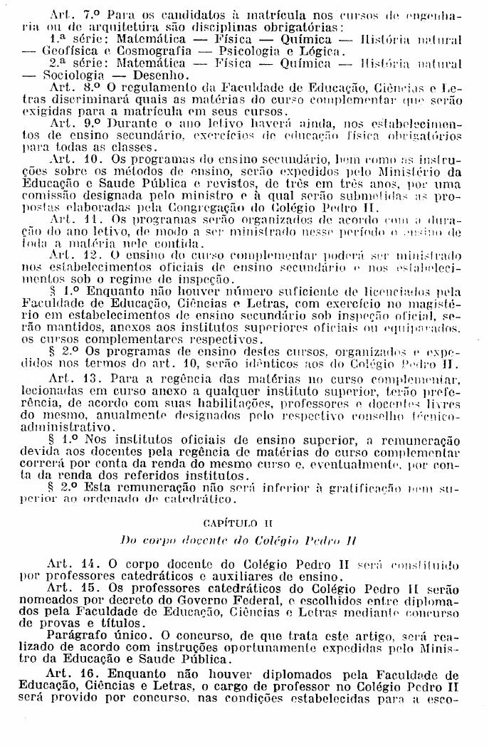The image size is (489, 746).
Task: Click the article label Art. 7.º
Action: [x=74, y=14]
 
